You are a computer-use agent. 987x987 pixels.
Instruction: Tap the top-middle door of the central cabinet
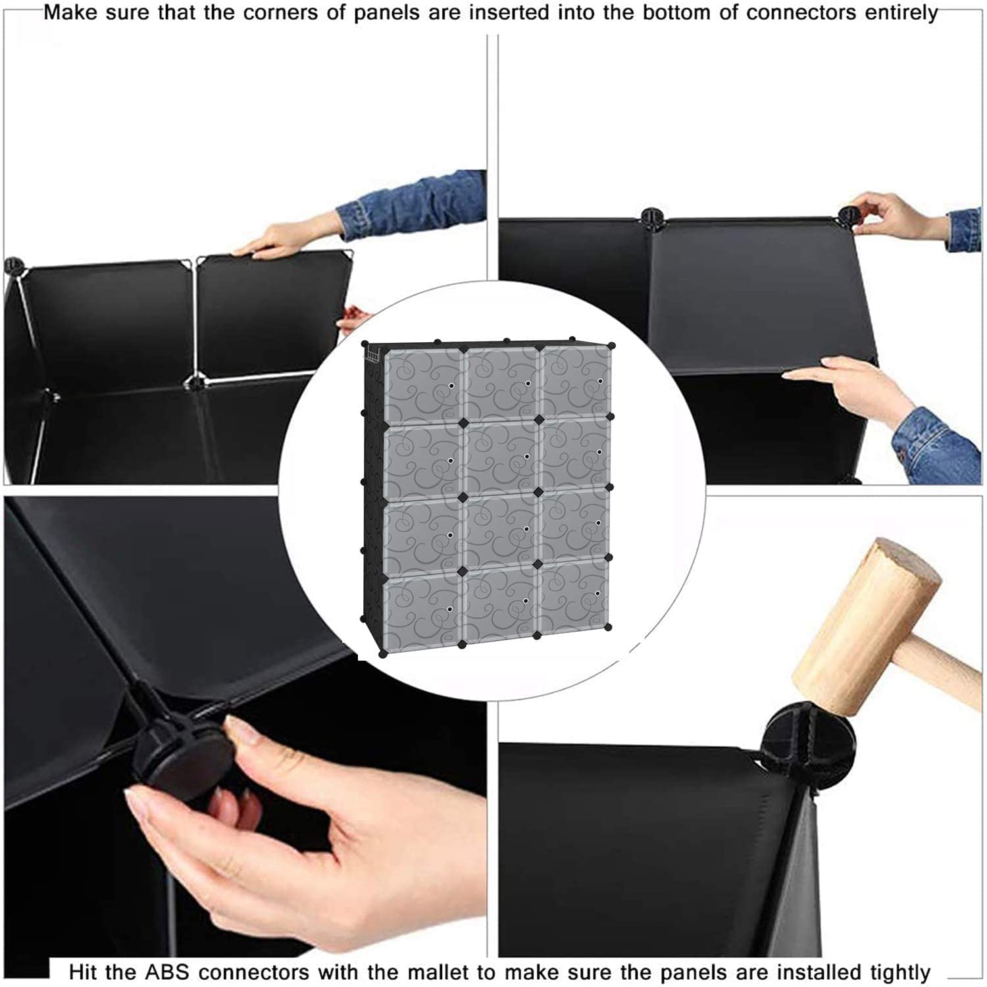pos(502,383)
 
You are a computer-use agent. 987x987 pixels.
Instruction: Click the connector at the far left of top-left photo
pos(13,266)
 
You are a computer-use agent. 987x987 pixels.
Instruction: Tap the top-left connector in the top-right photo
pos(650,216)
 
